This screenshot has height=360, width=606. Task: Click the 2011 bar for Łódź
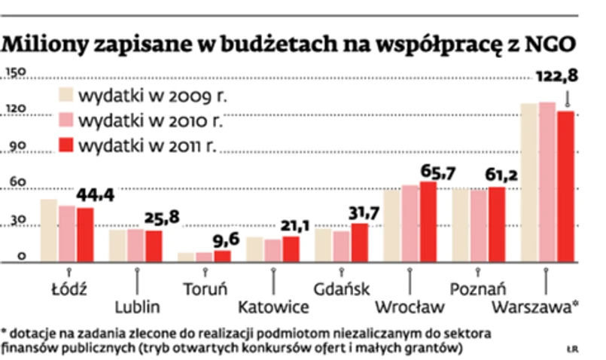click(85, 233)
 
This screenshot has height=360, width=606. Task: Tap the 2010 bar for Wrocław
click(410, 223)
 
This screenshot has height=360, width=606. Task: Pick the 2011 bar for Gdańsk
click(359, 242)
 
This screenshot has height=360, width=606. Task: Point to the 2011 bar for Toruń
click(222, 255)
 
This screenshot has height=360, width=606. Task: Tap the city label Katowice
click(273, 307)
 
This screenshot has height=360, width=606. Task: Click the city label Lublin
click(138, 307)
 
